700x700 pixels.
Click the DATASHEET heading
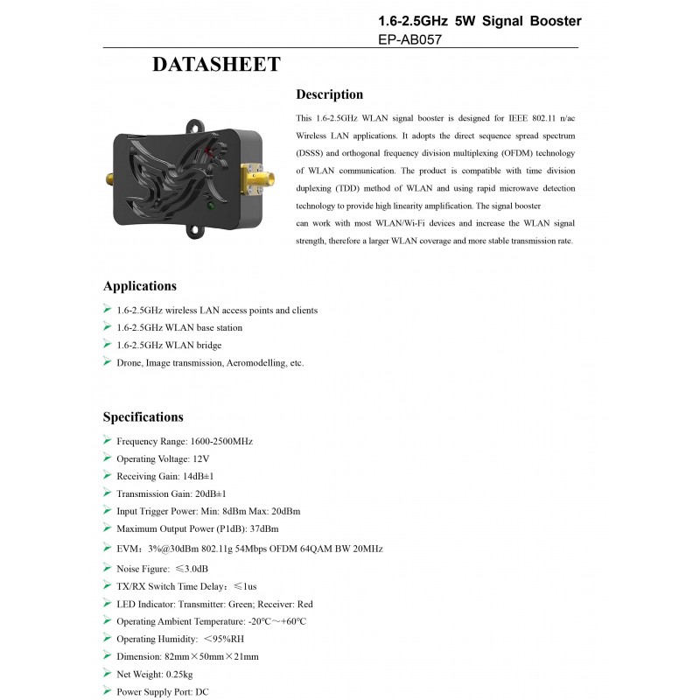click(216, 65)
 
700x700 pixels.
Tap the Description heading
click(329, 94)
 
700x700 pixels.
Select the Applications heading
click(140, 286)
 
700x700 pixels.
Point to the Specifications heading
click(143, 417)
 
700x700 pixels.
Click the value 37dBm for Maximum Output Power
click(265, 528)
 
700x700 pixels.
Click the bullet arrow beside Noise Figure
click(107, 568)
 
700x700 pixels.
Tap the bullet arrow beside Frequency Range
click(107, 440)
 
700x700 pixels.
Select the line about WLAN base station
click(179, 327)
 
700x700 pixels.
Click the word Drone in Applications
click(129, 362)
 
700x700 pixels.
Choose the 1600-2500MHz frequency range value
click(221, 441)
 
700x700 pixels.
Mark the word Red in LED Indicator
click(304, 604)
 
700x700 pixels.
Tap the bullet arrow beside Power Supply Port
click(107, 690)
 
